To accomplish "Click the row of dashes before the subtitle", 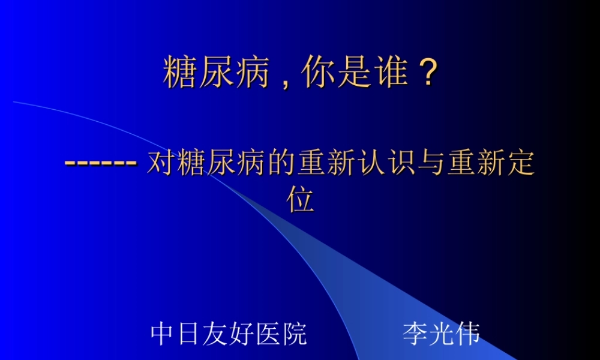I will click(101, 163).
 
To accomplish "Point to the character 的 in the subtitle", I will click(282, 163).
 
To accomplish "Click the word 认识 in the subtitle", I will click(387, 163).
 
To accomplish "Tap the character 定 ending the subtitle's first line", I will click(521, 163).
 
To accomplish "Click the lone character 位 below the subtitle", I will click(300, 200).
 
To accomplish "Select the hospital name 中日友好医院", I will click(229, 334).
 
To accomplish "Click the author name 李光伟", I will click(441, 334).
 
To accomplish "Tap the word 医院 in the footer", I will click(281, 334).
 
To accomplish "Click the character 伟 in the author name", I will click(467, 334).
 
